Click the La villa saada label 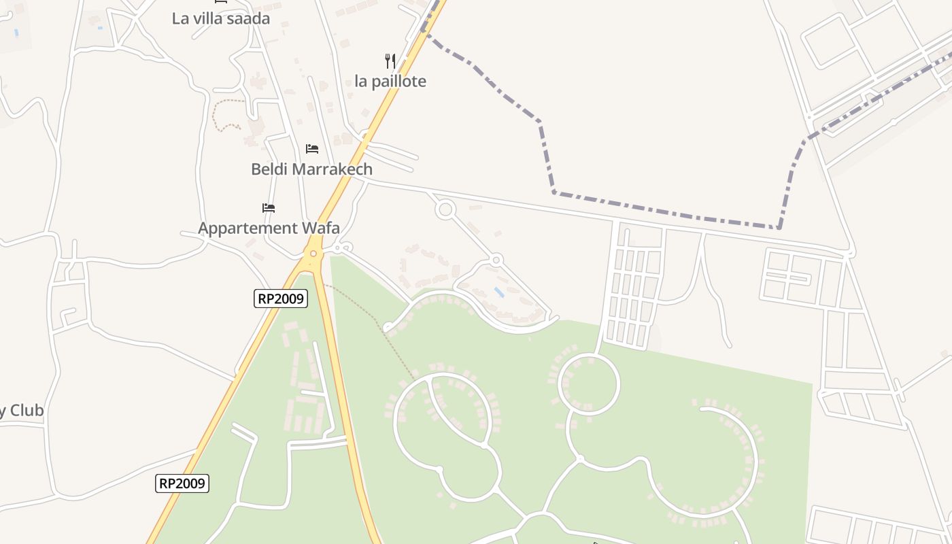[220, 18]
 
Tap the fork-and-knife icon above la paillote [390, 61]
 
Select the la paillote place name [390, 82]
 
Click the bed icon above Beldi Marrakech [312, 148]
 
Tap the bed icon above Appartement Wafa [269, 207]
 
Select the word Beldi [270, 169]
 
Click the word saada [248, 18]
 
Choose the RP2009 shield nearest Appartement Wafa [281, 298]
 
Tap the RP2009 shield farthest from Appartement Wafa [182, 483]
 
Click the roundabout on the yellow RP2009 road [313, 254]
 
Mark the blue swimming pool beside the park [499, 292]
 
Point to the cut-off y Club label [22, 411]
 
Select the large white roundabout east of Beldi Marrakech [445, 209]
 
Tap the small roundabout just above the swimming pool [496, 260]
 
